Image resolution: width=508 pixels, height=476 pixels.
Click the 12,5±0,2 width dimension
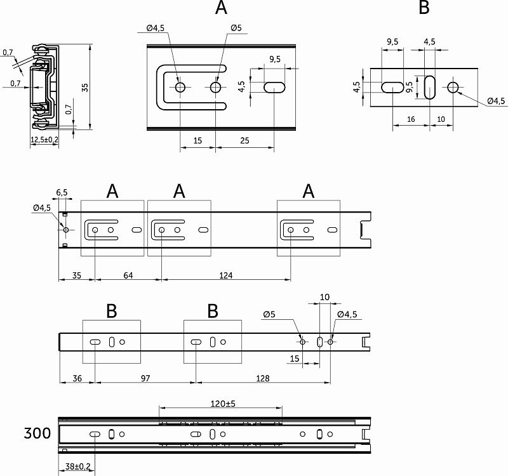pos(44,140)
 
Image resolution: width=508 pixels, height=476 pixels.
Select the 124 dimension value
pos(227,275)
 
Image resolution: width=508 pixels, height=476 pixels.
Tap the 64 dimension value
pos(128,275)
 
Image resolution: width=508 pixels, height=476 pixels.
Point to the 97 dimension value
pos(145,378)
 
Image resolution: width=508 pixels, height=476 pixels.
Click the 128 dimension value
pos(262,378)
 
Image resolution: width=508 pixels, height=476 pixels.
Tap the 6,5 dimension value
pos(62,192)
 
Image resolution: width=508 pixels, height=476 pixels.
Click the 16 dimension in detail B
pos(411,119)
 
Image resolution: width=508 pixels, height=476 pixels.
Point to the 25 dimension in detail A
pos(245,141)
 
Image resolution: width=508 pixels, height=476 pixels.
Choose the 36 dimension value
pos(77,378)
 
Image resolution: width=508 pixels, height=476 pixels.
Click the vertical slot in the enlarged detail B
pos(430,87)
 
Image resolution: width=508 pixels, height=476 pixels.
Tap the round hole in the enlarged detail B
pos(453,87)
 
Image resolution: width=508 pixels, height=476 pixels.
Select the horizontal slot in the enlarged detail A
pos(274,87)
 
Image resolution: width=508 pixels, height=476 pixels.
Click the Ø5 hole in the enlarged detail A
pos(216,87)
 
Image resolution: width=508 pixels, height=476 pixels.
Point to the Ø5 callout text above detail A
pos(235,28)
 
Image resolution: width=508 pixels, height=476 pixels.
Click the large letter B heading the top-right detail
pos(424,8)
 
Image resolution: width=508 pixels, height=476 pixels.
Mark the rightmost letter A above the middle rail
pos(309,190)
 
